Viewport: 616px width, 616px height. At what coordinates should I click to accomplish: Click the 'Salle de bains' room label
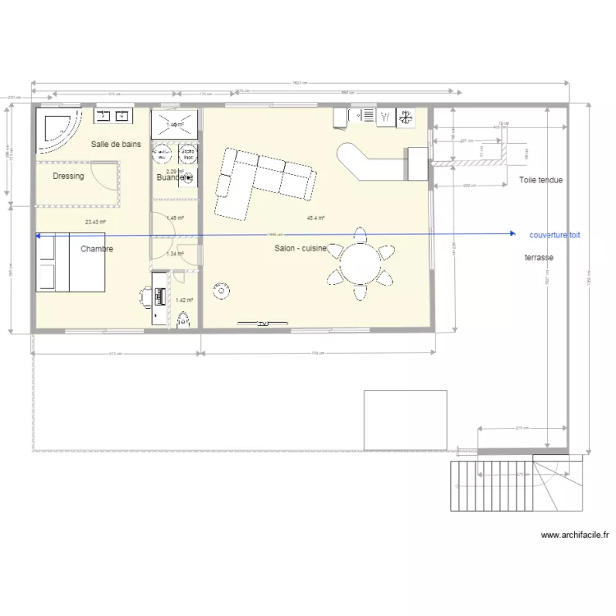(x=116, y=144)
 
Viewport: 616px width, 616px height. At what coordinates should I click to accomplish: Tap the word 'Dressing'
(x=68, y=176)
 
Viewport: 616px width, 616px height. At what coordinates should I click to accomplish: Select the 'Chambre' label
(x=97, y=249)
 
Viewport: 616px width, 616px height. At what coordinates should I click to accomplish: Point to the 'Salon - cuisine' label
(x=301, y=248)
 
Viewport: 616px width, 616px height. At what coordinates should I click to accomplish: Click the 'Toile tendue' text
(x=540, y=180)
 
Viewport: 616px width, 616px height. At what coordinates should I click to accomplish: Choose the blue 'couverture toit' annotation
(x=554, y=235)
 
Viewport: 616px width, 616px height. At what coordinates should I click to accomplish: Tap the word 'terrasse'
(x=538, y=257)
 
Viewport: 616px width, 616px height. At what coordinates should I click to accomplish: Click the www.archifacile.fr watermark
(x=575, y=535)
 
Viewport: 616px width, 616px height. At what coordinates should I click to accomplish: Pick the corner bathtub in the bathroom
(x=56, y=131)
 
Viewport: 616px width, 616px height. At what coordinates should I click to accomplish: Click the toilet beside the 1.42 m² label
(x=184, y=318)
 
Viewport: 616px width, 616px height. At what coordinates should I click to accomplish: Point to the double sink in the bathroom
(x=113, y=116)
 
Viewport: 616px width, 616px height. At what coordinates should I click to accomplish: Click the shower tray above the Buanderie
(x=175, y=124)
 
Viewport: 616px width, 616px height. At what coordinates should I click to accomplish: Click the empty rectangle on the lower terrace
(x=406, y=420)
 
